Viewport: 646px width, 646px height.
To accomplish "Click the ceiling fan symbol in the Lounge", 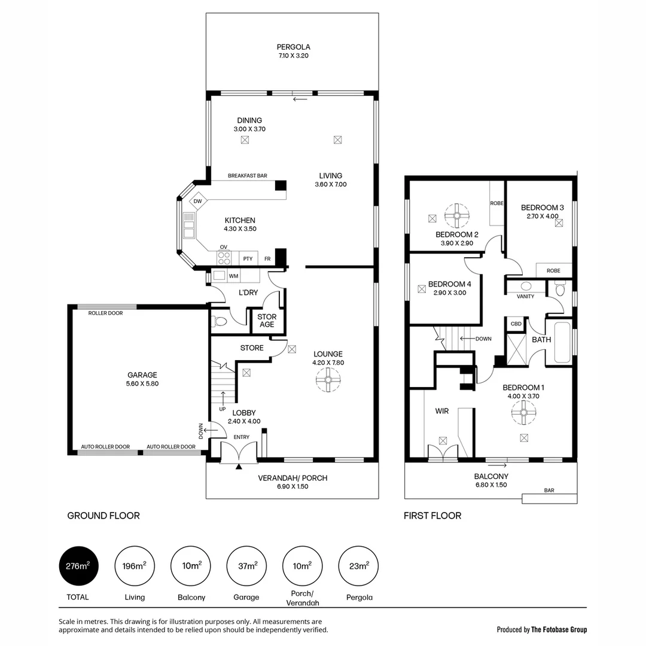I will [328, 380].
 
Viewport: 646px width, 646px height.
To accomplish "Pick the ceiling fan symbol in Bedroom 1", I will [524, 413].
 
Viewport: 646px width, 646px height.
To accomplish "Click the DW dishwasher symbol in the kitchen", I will [198, 201].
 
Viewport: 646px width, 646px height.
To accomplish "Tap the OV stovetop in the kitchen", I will [224, 258].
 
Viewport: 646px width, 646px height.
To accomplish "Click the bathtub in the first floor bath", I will [563, 343].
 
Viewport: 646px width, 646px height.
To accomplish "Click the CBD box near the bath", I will [516, 324].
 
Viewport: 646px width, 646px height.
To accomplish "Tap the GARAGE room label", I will [142, 375].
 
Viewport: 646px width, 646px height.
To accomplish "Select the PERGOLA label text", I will [293, 47].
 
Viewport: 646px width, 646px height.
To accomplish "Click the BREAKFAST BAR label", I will [247, 176].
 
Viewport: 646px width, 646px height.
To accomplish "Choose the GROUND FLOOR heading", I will [103, 516].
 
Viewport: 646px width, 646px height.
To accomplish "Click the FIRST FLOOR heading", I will [432, 516].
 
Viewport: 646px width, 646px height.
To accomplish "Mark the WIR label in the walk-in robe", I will [442, 412].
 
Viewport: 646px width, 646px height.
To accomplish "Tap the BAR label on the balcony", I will [549, 490].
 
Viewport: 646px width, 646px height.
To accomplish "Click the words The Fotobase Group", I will [559, 629].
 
